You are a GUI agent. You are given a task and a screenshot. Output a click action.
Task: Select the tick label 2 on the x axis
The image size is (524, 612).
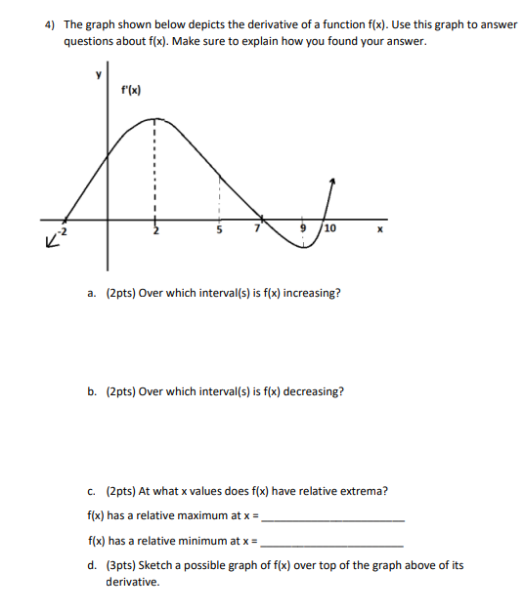coord(154,231)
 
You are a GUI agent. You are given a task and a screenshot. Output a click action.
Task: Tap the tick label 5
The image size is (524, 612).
coord(220,231)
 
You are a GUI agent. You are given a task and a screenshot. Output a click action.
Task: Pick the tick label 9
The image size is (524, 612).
coord(304,230)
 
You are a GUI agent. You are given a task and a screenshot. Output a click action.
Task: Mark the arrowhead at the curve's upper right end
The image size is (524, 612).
coord(333,181)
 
